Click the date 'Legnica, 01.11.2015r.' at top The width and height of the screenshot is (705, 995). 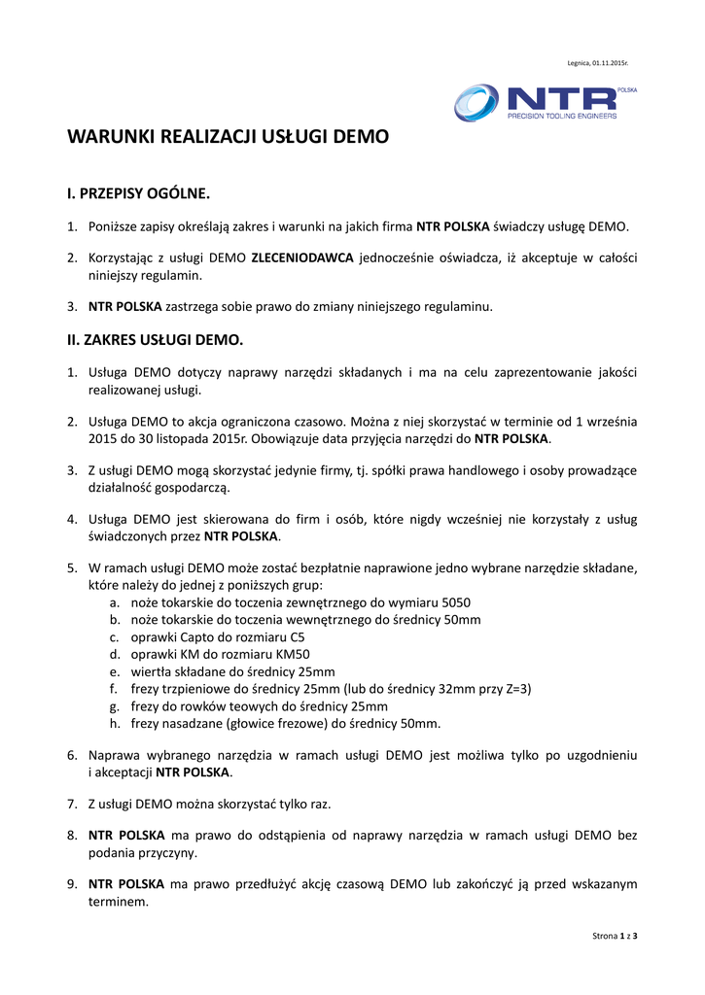(x=597, y=63)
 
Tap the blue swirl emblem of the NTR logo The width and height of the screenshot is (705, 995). (x=476, y=103)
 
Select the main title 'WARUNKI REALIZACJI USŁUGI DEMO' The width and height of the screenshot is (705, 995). (x=228, y=137)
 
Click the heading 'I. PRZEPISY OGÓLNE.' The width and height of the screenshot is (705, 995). (x=138, y=193)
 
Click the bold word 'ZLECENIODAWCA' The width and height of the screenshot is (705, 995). (x=301, y=258)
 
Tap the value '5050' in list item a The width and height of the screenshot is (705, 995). (x=456, y=602)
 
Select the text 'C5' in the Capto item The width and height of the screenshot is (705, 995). (x=297, y=637)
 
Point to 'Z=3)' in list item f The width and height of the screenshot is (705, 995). (x=517, y=689)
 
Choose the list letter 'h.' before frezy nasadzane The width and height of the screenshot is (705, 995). (x=115, y=724)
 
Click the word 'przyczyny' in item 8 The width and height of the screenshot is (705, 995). (x=166, y=852)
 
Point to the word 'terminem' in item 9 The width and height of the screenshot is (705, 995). (x=117, y=901)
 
